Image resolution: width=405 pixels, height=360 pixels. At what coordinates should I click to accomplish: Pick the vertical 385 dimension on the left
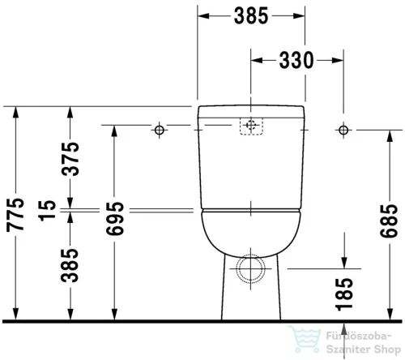click(x=74, y=263)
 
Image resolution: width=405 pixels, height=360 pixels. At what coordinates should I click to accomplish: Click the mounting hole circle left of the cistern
click(x=159, y=130)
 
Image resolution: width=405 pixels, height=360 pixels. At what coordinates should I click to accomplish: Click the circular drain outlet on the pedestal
click(x=251, y=267)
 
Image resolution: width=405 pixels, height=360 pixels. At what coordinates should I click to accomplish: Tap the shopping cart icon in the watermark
click(x=304, y=341)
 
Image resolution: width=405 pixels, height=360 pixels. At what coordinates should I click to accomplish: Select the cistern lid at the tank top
click(x=251, y=110)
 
